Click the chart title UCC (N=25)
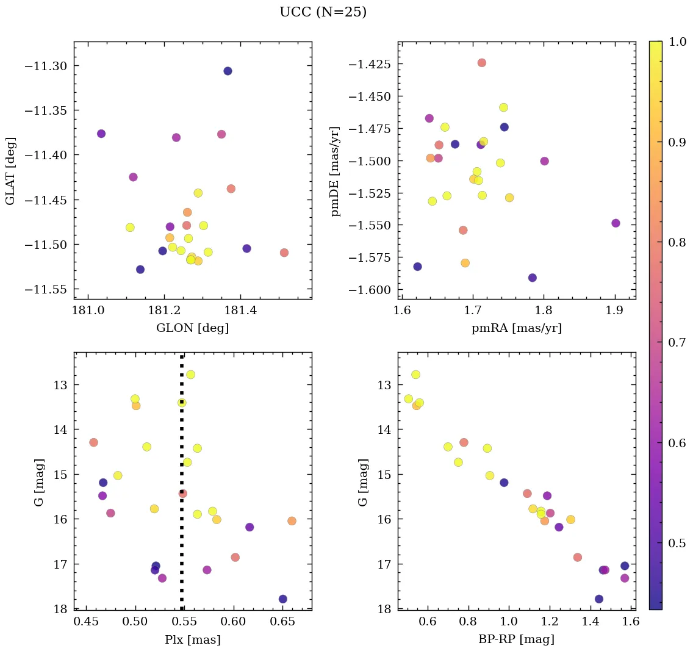(x=323, y=12)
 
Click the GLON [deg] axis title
(x=193, y=328)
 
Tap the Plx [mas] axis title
(x=193, y=639)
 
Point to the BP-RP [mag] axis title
(x=517, y=639)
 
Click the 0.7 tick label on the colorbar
(x=675, y=343)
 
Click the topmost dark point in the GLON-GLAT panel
(x=228, y=71)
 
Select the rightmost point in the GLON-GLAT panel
(x=284, y=253)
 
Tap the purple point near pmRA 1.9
(x=616, y=223)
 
